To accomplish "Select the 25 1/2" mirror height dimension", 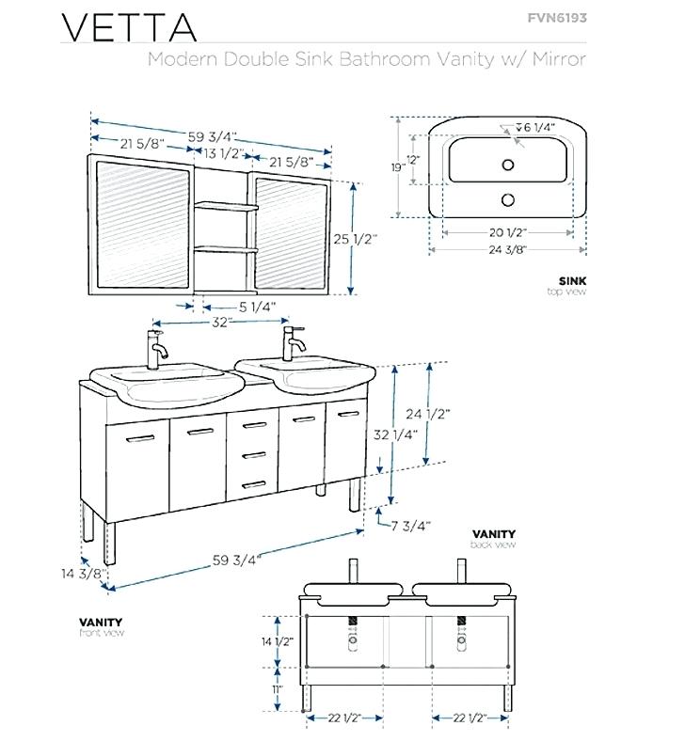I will [x=355, y=239].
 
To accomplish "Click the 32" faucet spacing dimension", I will [x=221, y=322].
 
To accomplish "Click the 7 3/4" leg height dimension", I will [x=411, y=526].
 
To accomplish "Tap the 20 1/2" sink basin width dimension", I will [x=505, y=231].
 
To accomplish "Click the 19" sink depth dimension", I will [x=398, y=166].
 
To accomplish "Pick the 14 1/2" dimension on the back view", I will [x=279, y=641].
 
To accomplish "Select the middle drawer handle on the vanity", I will [x=250, y=455].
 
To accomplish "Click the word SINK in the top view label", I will [x=572, y=280].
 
